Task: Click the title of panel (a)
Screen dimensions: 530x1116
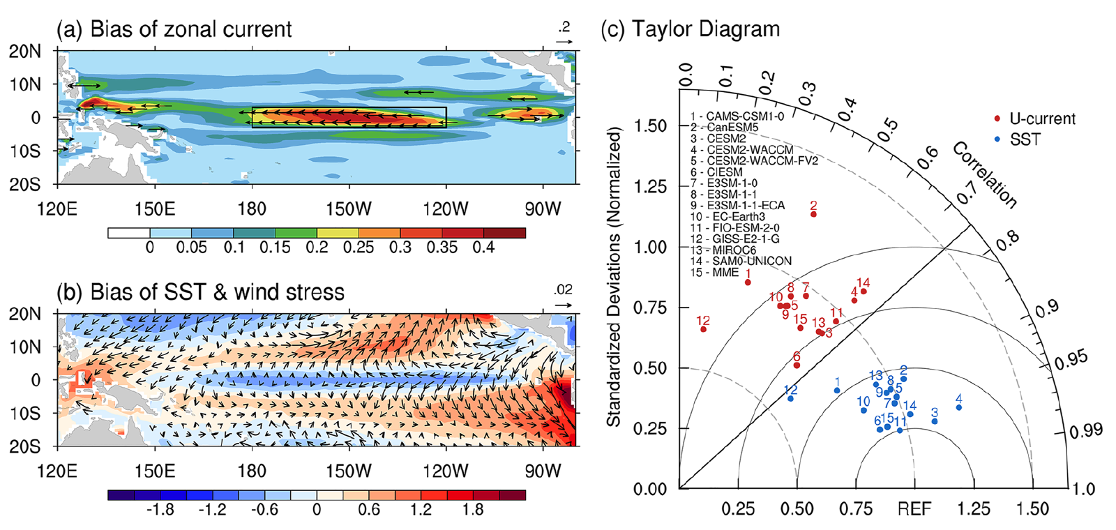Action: click(x=174, y=29)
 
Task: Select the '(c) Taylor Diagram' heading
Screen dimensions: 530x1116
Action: click(x=691, y=29)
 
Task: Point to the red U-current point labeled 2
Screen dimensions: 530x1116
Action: click(x=813, y=214)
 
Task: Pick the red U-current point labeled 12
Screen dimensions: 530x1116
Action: click(x=703, y=329)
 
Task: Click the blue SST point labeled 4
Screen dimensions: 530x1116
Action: click(x=959, y=407)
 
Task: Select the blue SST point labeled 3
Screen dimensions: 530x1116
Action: click(x=935, y=421)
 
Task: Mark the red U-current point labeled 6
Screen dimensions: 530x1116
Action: click(x=797, y=365)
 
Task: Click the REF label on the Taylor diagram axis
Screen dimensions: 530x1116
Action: click(x=914, y=510)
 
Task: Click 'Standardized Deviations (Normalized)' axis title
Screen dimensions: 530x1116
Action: click(x=613, y=277)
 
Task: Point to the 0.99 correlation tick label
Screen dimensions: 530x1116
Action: click(x=1086, y=430)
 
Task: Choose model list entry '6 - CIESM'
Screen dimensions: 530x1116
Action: click(x=716, y=172)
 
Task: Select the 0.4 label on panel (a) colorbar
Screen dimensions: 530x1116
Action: click(x=483, y=248)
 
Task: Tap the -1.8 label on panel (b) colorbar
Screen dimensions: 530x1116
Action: click(x=160, y=510)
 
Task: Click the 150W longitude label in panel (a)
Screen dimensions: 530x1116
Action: click(x=349, y=209)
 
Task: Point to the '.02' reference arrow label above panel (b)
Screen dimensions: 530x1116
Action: click(x=563, y=289)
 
